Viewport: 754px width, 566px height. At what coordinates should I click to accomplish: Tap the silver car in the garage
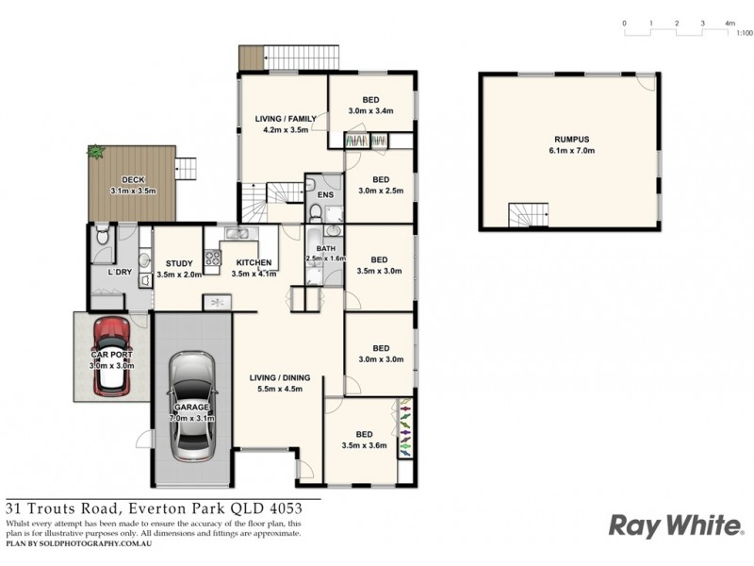(x=192, y=406)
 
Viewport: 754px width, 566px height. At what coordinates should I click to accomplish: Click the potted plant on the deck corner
(x=95, y=151)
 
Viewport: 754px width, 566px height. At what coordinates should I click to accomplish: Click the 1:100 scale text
(x=744, y=33)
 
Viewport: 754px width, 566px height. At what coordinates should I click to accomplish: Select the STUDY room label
(x=179, y=263)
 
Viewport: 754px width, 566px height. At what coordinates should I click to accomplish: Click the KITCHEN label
(x=254, y=262)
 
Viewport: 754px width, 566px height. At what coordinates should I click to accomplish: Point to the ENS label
(x=324, y=196)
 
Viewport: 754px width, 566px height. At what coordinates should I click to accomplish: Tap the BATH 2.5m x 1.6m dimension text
(x=326, y=258)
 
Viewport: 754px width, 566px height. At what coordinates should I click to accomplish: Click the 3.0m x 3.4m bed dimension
(x=369, y=110)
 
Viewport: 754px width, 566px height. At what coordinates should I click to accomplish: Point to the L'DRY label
(x=118, y=273)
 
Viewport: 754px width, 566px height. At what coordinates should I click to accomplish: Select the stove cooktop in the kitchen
(x=212, y=256)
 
